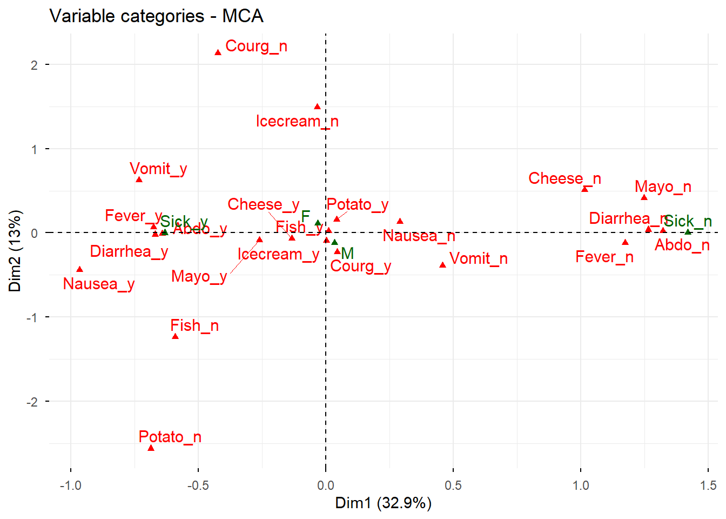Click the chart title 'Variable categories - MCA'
156,16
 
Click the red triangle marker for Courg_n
218,52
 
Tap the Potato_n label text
170,437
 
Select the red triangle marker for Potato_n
151,448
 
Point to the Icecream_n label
297,121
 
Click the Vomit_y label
158,169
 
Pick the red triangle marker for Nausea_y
80,269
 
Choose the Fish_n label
194,325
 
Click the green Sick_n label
688,221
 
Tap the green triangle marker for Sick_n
688,232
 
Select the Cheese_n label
564,178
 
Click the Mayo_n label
663,187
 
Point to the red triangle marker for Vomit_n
442,265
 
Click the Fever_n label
604,257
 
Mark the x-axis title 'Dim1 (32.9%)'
383,503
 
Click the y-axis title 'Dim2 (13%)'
15,251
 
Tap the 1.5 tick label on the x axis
708,485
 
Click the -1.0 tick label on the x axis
70,485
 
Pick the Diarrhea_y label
129,251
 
